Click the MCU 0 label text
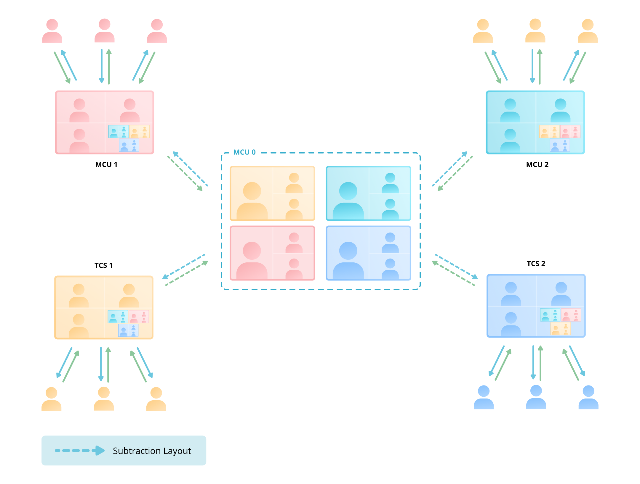(244, 152)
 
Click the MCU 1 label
(106, 165)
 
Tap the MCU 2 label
(537, 165)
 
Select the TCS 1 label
(103, 265)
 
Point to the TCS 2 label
(536, 264)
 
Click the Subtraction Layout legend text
(152, 451)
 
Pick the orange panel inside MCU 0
(272, 193)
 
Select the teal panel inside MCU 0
(368, 193)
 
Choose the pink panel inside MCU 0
(272, 253)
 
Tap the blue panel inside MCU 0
(368, 253)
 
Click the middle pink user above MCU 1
(104, 31)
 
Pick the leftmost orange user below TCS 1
(51, 399)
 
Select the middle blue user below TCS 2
(536, 397)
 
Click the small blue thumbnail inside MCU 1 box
(129, 145)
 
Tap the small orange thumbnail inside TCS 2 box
(560, 329)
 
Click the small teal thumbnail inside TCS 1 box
(118, 317)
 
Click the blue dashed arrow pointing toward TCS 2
(456, 266)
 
